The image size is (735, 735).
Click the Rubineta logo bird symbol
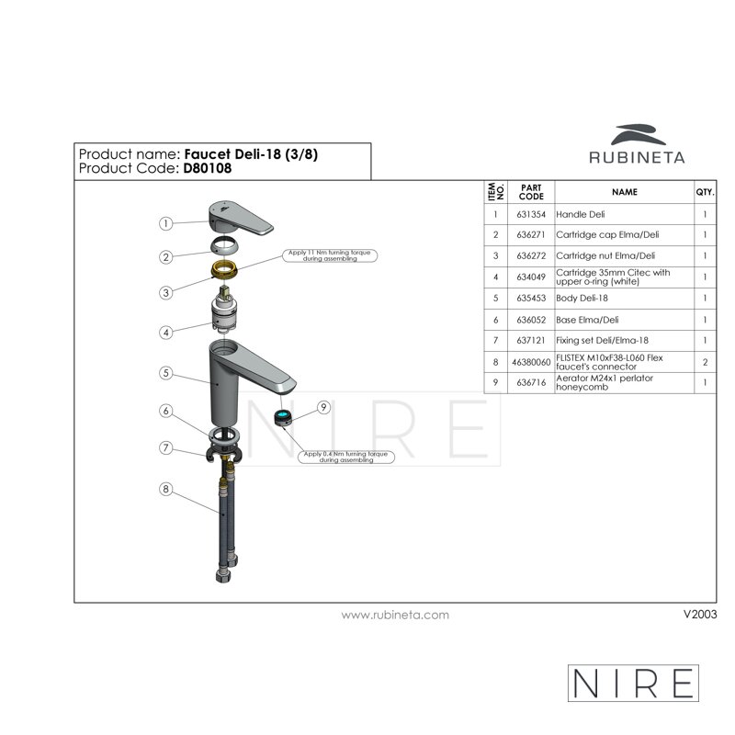point(638,134)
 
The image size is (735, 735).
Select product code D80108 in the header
point(208,168)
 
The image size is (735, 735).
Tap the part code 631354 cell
point(531,214)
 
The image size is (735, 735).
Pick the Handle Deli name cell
point(625,214)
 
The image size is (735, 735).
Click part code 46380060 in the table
point(531,362)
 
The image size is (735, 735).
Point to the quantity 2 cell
point(705,362)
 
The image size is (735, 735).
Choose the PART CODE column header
point(531,192)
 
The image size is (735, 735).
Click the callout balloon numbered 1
point(165,223)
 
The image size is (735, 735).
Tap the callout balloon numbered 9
point(323,407)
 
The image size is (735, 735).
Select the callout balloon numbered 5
point(165,373)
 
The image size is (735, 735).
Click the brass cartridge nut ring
point(224,269)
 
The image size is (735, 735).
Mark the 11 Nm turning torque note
point(330,255)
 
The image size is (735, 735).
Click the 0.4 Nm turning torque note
point(346,457)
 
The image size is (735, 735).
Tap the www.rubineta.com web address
point(395,615)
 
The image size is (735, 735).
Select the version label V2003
point(700,614)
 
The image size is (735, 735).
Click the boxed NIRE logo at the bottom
point(633,683)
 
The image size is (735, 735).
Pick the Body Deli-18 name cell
point(625,298)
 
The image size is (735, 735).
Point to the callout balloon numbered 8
point(165,489)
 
